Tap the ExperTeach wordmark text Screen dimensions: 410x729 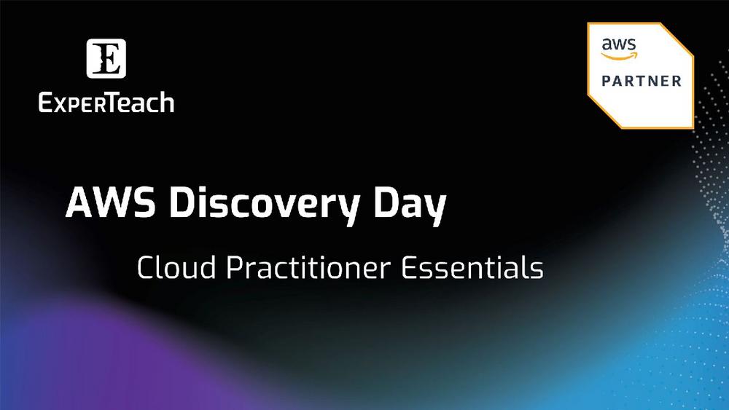coord(106,102)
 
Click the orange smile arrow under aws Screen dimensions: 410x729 coord(619,55)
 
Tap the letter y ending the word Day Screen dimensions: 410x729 coord(434,207)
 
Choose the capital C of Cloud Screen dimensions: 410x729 coord(145,269)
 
